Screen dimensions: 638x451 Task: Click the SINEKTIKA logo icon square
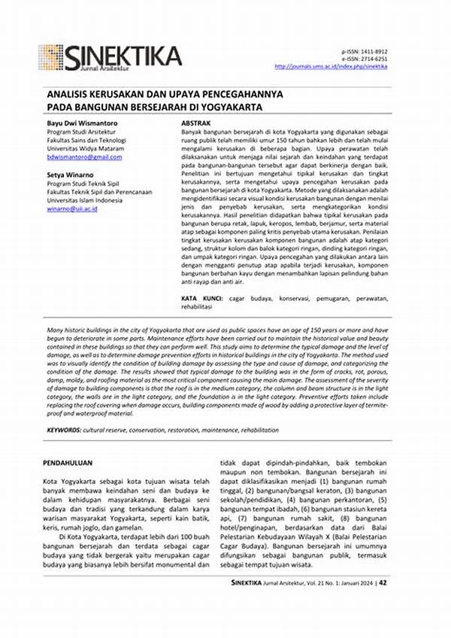[x=51, y=57]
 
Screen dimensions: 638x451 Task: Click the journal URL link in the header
[x=331, y=66]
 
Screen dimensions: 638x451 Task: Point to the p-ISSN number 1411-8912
[x=371, y=52]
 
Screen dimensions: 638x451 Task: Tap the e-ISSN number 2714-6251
[x=371, y=59]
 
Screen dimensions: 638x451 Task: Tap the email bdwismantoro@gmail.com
[x=80, y=159]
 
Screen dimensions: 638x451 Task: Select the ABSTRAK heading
[x=195, y=122]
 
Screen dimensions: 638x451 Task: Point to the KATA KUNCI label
[x=201, y=299]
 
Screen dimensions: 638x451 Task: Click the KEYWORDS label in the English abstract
[x=65, y=429]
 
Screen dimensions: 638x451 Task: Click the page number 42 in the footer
[x=383, y=624]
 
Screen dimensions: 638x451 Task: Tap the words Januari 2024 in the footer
[x=352, y=624]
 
